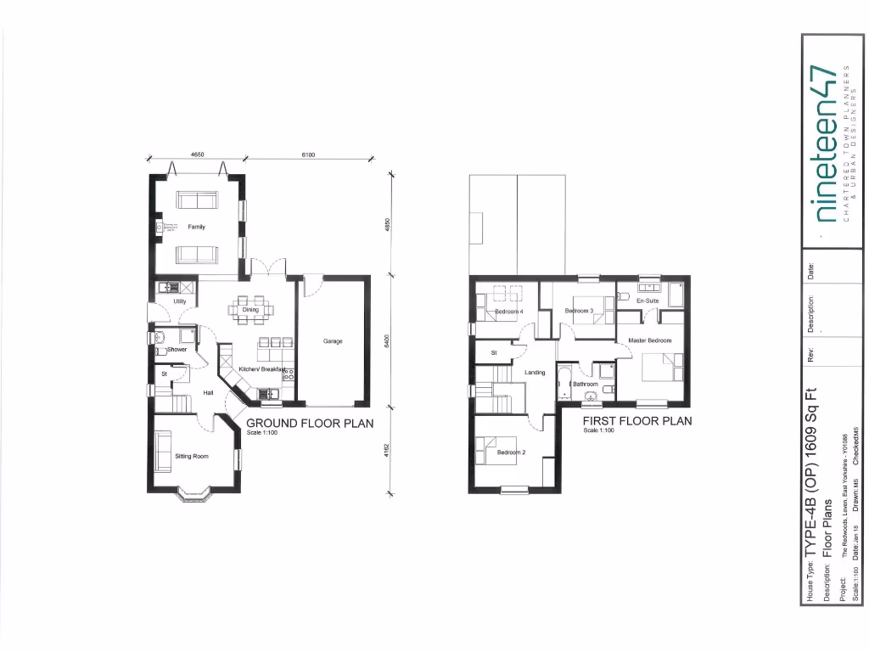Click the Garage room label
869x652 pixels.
pyautogui.click(x=333, y=341)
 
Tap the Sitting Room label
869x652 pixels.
pyautogui.click(x=192, y=456)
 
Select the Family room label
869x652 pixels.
pyautogui.click(x=196, y=228)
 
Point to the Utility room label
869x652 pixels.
pyautogui.click(x=180, y=301)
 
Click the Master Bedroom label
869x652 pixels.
pyautogui.click(x=650, y=340)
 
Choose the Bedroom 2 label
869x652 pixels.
pyautogui.click(x=511, y=452)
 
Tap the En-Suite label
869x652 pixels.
pyautogui.click(x=648, y=301)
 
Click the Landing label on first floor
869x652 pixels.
pyautogui.click(x=535, y=373)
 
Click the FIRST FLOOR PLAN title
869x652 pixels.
pyautogui.click(x=636, y=420)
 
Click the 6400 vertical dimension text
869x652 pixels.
pyautogui.click(x=387, y=342)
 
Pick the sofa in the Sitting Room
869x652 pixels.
pyautogui.click(x=162, y=447)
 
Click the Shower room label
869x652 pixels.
pyautogui.click(x=177, y=349)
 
